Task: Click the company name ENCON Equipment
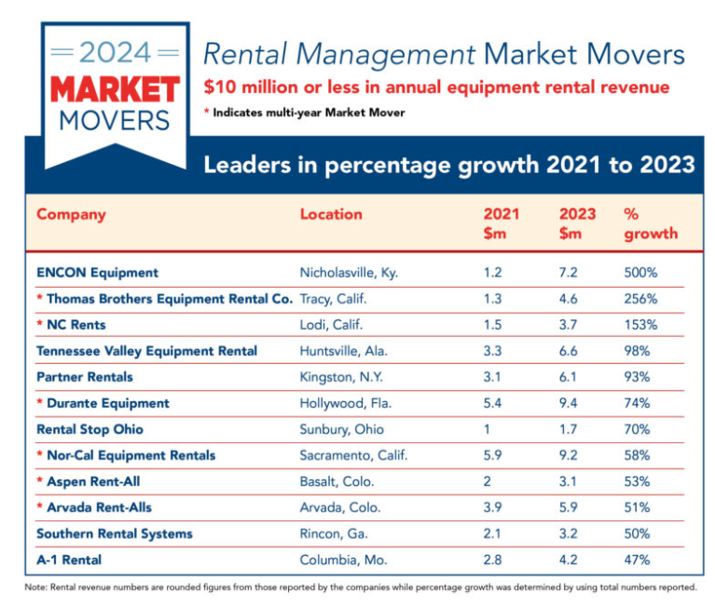point(97,273)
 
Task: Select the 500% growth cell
point(640,273)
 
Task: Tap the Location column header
point(331,214)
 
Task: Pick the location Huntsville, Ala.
point(343,351)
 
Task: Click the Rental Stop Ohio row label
point(89,429)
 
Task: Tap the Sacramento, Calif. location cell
point(353,455)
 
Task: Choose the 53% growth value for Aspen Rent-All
point(637,481)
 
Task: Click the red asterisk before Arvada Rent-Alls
point(40,507)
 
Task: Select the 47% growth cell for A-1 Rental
point(637,560)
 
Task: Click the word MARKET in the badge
point(115,89)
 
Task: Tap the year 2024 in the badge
point(115,52)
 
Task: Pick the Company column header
point(71,214)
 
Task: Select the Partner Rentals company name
point(85,377)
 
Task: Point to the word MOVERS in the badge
point(115,120)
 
